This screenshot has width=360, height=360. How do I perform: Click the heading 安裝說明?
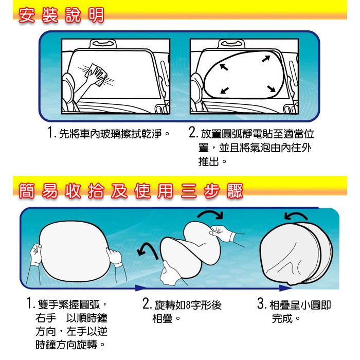click(x=61, y=15)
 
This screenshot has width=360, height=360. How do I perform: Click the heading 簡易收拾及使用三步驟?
click(x=131, y=191)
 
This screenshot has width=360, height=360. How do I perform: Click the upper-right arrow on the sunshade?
click(x=266, y=59)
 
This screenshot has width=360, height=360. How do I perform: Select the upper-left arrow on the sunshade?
click(x=224, y=67)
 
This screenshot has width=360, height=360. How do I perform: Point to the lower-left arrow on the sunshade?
click(x=225, y=90)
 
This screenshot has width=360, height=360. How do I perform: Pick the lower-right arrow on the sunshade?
click(x=272, y=88)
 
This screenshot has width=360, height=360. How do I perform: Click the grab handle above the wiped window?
click(x=103, y=43)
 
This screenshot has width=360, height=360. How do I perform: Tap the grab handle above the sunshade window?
click(x=231, y=43)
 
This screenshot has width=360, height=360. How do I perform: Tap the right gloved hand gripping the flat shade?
click(x=114, y=257)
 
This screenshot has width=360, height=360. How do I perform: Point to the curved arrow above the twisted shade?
click(x=210, y=214)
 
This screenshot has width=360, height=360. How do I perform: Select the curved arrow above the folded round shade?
click(x=296, y=216)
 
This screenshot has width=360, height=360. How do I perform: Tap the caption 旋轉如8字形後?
click(x=188, y=305)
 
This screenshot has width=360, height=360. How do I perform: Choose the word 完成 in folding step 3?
click(x=282, y=318)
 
